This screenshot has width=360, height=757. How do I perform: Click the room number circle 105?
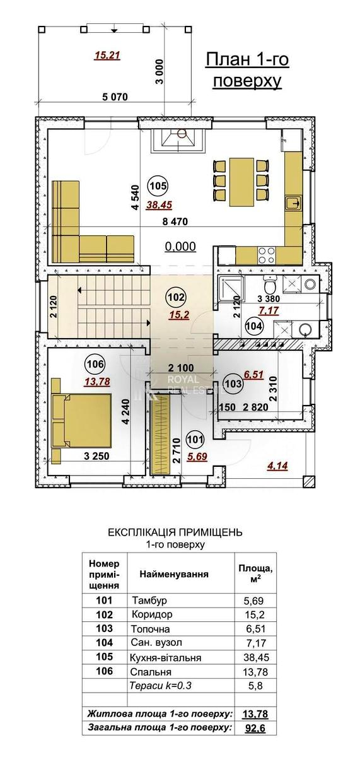(158, 186)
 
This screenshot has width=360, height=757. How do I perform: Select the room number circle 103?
(233, 384)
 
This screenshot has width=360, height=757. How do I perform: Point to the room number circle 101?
(195, 440)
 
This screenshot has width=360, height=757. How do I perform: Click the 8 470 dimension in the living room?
(175, 221)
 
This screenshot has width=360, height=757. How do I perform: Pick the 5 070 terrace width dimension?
(115, 97)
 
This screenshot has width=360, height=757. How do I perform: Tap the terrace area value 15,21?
(107, 56)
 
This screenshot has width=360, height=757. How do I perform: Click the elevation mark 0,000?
(180, 247)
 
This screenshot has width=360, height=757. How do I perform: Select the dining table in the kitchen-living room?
(242, 182)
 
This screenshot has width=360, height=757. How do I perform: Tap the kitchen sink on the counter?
(293, 202)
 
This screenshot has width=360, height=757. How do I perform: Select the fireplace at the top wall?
(178, 140)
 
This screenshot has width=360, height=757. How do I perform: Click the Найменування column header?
(174, 574)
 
